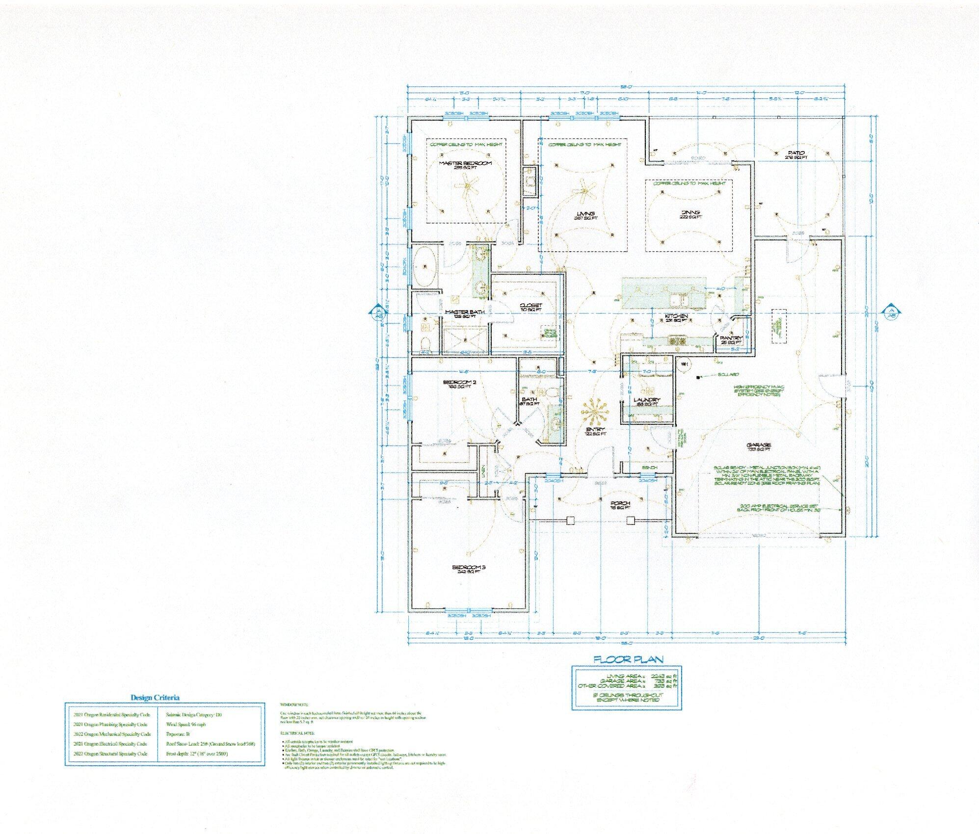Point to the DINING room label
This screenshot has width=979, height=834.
pos(689,213)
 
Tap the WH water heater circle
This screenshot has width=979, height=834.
pos(684,364)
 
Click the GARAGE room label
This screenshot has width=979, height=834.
pos(760,445)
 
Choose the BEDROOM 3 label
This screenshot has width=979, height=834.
pos(469,567)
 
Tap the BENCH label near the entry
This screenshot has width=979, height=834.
pos(649,468)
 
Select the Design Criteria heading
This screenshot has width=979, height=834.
pos(155,697)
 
